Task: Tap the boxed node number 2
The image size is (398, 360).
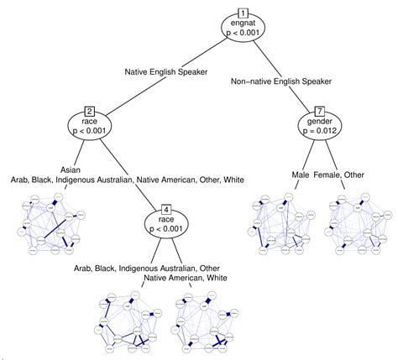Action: pyautogui.click(x=89, y=111)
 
